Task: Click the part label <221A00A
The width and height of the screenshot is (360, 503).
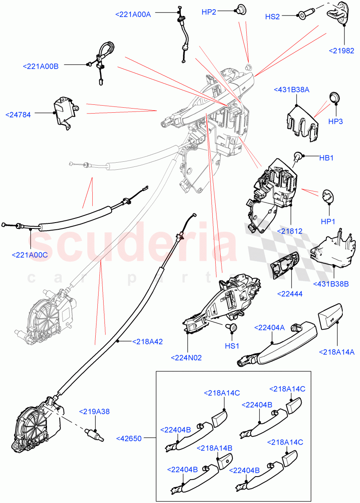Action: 133,14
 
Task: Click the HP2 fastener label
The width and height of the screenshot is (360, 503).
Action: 209,12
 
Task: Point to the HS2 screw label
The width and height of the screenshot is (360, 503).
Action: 272,17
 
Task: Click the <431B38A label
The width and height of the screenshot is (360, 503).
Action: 291,90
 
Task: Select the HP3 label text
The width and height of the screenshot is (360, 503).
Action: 336,122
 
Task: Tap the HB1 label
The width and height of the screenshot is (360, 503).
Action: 326,158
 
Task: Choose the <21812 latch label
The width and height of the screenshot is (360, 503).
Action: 290,231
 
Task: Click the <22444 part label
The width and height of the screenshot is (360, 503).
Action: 290,294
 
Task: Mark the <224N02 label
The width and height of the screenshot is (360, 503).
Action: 186,358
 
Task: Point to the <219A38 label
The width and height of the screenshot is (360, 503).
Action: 94,412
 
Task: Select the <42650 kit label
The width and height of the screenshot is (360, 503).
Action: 130,438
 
